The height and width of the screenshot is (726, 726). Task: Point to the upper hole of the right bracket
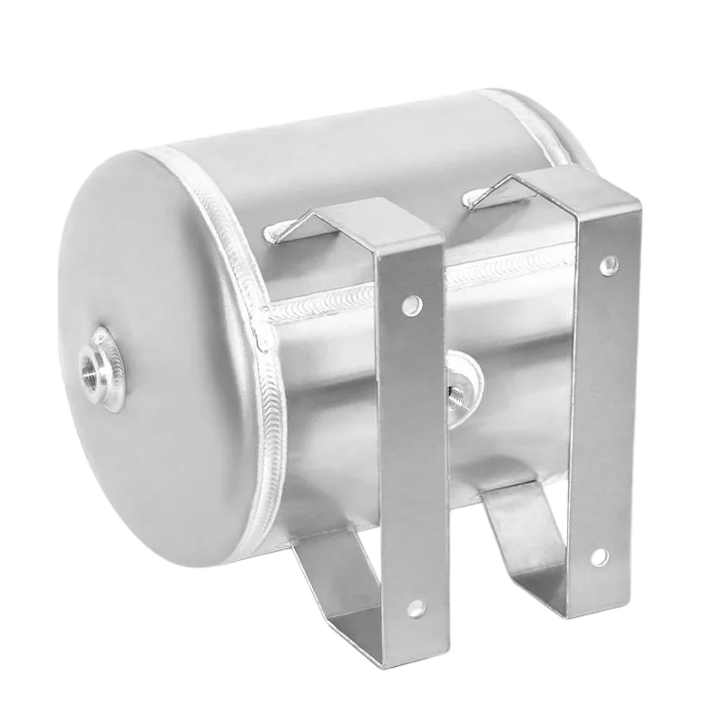608,264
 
